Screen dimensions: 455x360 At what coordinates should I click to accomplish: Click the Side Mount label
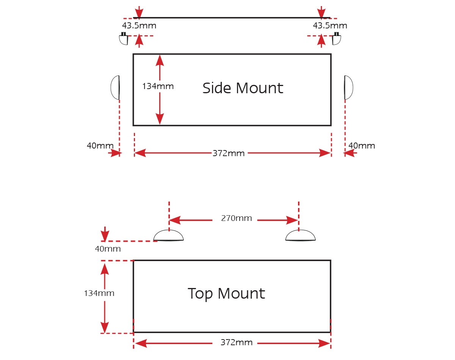(243, 88)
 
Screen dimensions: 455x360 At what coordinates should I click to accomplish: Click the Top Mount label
(226, 294)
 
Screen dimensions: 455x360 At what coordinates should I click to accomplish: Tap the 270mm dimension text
(236, 218)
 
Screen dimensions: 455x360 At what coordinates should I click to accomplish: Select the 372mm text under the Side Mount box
(228, 153)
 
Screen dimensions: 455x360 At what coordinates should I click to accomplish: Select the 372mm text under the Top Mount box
(236, 343)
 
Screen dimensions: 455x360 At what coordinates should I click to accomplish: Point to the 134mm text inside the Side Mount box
(158, 86)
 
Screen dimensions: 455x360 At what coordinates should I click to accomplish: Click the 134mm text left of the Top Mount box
(99, 293)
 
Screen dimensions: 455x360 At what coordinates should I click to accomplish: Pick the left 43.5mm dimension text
(139, 25)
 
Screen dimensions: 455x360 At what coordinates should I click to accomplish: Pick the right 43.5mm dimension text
(330, 25)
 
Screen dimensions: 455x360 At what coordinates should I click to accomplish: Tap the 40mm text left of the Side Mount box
(100, 146)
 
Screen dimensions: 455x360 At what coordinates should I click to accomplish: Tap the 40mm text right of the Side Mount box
(362, 146)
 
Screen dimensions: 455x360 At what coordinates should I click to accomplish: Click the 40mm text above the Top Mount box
(108, 249)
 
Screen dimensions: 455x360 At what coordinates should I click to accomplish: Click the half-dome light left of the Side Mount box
(115, 88)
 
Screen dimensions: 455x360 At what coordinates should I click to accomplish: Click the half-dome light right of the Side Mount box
(348, 88)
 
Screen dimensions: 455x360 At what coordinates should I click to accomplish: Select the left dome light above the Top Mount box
(168, 235)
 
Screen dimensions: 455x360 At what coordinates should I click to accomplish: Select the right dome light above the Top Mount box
(300, 235)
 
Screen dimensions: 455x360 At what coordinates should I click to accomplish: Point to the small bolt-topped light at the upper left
(124, 39)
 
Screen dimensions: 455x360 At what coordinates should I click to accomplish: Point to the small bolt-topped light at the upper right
(336, 39)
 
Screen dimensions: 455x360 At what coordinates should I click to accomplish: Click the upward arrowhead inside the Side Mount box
(160, 61)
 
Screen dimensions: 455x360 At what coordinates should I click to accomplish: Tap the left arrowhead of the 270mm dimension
(175, 220)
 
